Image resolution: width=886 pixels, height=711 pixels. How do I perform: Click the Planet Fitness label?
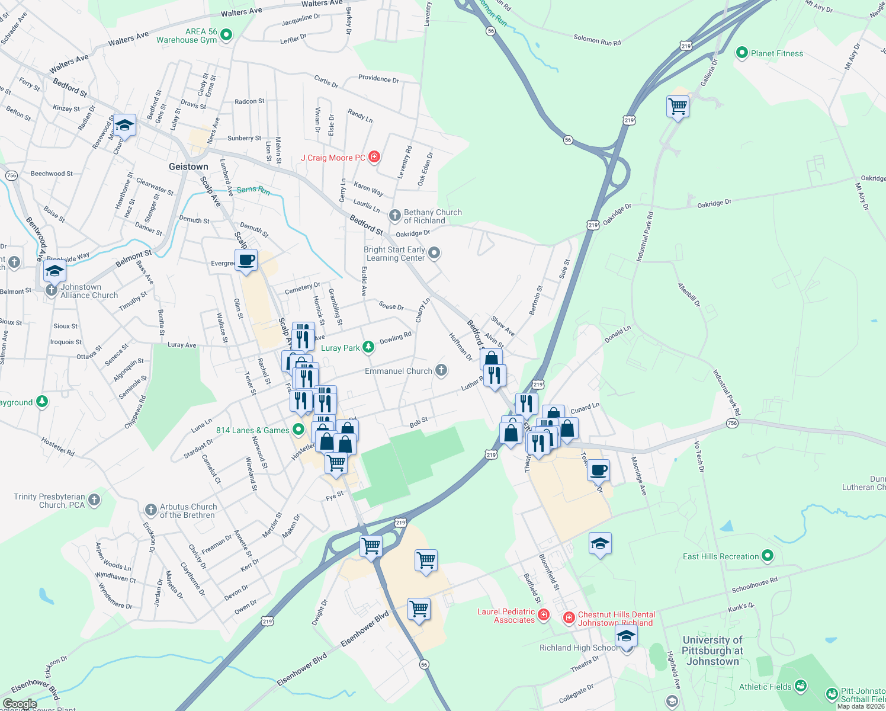(776, 53)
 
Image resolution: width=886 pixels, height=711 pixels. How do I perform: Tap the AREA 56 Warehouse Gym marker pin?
(226, 36)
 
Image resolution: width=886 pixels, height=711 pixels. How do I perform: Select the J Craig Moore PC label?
(333, 158)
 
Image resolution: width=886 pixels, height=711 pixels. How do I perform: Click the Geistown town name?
(188, 166)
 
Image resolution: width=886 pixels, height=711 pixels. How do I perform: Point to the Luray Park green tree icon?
(368, 347)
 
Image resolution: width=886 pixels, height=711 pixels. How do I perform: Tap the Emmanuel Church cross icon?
(441, 371)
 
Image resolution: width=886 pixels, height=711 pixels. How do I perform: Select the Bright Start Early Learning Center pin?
(434, 254)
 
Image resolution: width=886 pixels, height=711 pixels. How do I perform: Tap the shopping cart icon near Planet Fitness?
(678, 107)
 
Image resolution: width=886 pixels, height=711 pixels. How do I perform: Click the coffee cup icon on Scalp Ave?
(246, 260)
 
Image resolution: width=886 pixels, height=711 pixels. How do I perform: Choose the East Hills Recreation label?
(720, 556)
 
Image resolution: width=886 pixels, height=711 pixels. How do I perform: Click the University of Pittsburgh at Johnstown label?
(712, 651)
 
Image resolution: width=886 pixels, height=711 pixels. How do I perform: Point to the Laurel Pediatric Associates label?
(506, 616)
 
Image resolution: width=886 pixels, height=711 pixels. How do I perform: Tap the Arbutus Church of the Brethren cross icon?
(150, 510)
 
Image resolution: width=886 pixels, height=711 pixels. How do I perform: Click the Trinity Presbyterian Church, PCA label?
(49, 501)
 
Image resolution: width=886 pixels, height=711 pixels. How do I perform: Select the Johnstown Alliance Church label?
(89, 291)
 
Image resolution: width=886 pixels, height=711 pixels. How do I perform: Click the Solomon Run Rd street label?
(597, 40)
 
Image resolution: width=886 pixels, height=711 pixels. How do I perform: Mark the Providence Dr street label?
(378, 78)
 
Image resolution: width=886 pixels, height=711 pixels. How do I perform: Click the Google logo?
(20, 704)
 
